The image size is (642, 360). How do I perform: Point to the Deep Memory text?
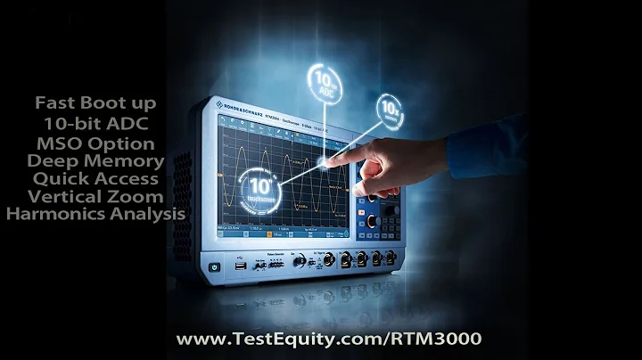coord(95,161)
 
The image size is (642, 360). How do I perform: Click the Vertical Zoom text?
coord(95,197)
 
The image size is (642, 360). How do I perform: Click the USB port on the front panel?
coord(242,265)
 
